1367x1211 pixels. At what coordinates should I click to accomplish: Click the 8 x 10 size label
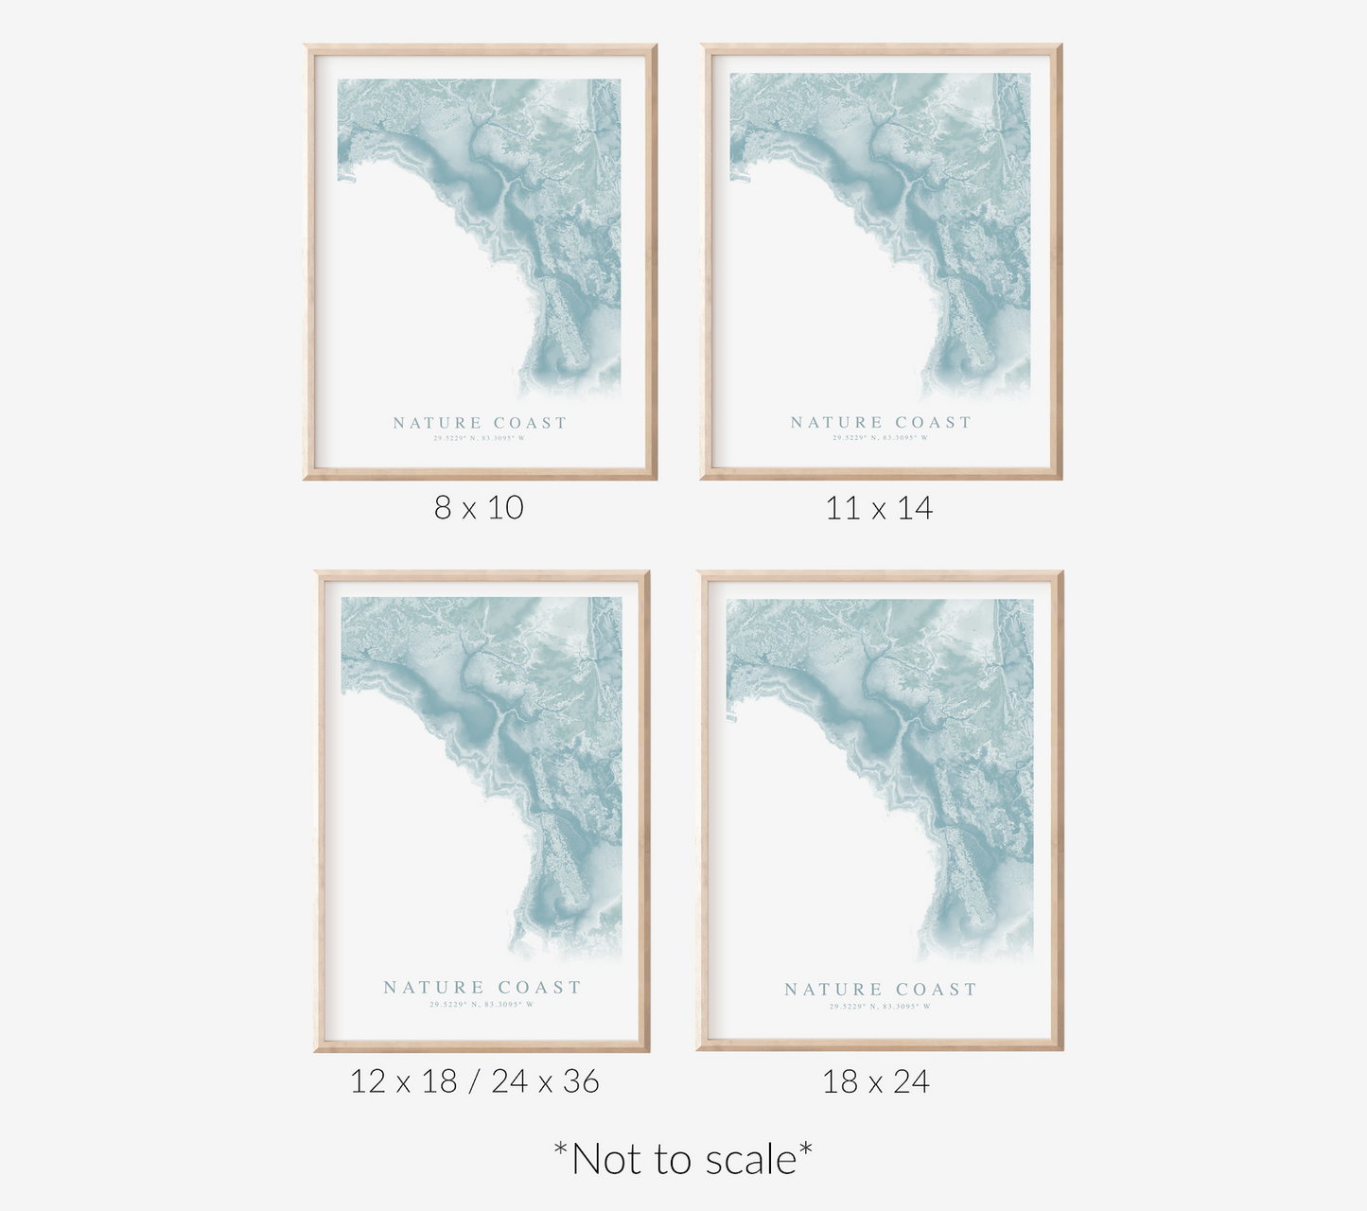(479, 508)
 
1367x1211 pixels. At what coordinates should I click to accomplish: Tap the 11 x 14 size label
(879, 509)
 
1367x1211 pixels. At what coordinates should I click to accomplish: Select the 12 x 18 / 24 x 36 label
(474, 1080)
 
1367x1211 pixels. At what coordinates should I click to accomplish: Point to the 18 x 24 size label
(876, 1081)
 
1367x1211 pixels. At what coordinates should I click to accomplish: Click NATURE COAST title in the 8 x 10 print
(480, 423)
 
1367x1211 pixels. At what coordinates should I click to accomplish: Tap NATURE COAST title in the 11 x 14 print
(881, 422)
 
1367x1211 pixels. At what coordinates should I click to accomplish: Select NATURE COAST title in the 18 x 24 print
(881, 990)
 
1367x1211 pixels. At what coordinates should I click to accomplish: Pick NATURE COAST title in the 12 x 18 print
(482, 987)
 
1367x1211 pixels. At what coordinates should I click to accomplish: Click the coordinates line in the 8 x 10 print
(479, 438)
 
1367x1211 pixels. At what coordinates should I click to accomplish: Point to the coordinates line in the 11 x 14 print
(881, 438)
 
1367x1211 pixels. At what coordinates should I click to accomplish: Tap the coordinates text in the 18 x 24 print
(880, 1007)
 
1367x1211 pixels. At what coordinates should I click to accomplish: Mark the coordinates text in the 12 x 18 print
(482, 1005)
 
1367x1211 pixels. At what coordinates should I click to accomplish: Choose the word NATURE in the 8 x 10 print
(437, 423)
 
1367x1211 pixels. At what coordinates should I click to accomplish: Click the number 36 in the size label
(580, 1080)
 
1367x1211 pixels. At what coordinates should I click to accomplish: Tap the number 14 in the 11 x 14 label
(914, 509)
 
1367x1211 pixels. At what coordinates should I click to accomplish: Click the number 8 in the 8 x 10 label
(442, 508)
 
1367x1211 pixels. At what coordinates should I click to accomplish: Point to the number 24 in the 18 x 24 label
(910, 1081)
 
